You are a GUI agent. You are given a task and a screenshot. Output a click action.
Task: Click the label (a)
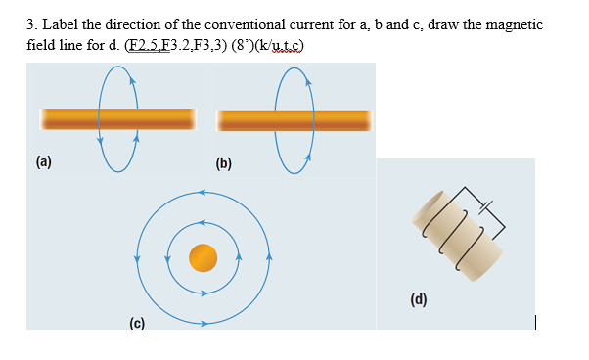45,161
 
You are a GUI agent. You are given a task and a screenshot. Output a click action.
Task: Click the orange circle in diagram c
203,257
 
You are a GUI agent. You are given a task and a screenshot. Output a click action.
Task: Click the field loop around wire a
116,83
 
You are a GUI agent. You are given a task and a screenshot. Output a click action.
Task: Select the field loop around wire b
294,83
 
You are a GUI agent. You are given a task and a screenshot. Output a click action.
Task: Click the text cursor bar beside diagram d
535,321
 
